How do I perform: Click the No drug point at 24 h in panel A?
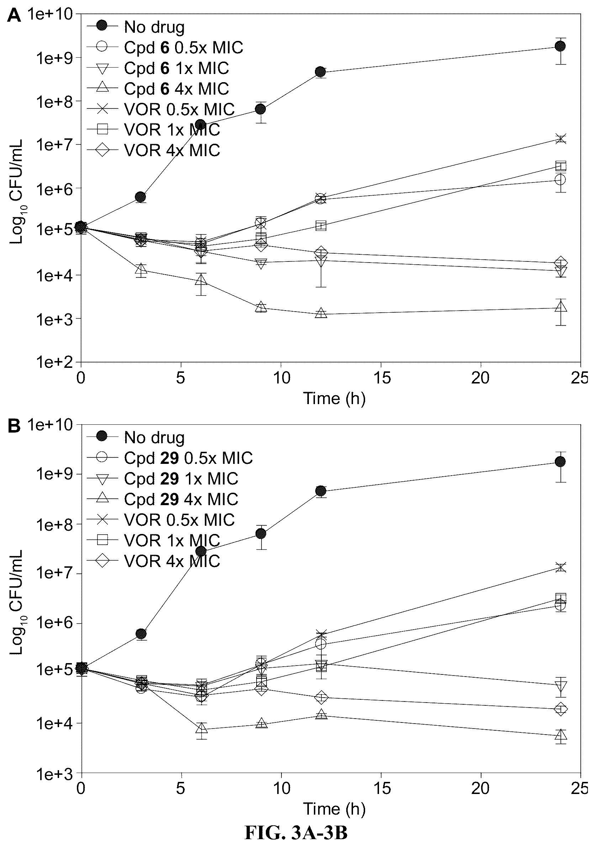[560, 46]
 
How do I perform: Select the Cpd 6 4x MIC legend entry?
[158, 89]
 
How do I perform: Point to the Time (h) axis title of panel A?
[335, 398]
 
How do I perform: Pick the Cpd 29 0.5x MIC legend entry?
[170, 458]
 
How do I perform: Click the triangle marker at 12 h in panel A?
[321, 313]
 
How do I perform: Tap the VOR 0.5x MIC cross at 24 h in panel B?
[560, 567]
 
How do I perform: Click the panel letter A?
[14, 16]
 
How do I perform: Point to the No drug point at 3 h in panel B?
[141, 634]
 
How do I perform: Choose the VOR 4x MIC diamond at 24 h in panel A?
[560, 263]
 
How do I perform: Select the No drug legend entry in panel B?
[136, 438]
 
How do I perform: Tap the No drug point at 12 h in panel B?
[321, 491]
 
